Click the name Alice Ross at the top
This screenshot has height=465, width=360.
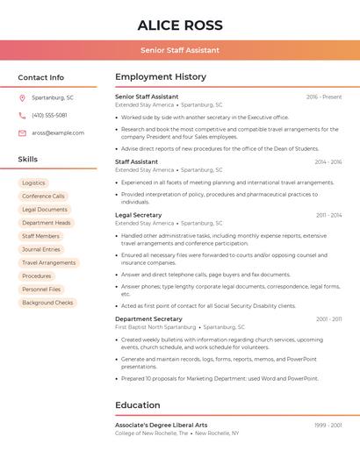tap(180, 25)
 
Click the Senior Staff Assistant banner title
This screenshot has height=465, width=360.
tap(180, 50)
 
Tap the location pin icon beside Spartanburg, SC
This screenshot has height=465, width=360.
tap(22, 97)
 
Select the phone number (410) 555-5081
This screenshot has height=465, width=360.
tap(49, 115)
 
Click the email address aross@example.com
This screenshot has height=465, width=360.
tap(58, 132)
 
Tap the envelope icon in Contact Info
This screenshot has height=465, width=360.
tap(22, 132)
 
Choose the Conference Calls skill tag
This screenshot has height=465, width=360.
tap(43, 197)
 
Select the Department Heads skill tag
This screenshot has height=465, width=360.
tap(46, 223)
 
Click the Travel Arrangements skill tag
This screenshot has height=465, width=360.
tap(48, 262)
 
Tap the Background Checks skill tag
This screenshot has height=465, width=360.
tap(47, 303)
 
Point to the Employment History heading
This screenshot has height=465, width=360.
tap(161, 77)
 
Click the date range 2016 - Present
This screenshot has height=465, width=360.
tap(324, 97)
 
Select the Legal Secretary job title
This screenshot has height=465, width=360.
tap(139, 215)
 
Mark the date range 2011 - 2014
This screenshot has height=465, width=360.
tap(328, 215)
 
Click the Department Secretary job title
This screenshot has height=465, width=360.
tap(148, 318)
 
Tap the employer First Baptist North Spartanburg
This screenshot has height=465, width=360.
tap(155, 326)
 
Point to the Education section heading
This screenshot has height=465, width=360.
tap(138, 405)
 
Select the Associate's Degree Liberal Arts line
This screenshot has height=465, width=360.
tap(162, 425)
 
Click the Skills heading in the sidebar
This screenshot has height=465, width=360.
tap(28, 160)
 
